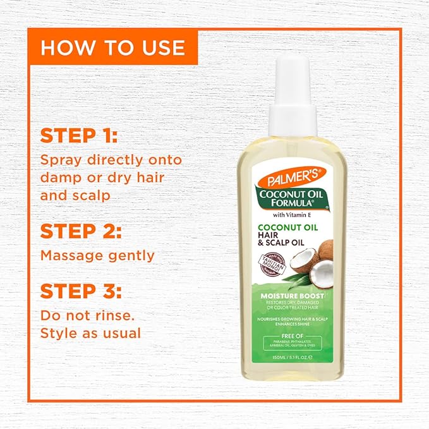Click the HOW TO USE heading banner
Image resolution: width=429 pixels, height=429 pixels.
(x=113, y=47)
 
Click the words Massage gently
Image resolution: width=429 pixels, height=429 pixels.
(x=97, y=256)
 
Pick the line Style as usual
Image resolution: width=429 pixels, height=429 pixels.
(x=90, y=332)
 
